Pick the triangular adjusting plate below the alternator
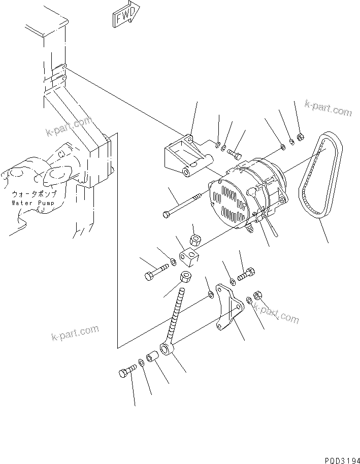click(x=227, y=308)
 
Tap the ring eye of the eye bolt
click(x=167, y=349)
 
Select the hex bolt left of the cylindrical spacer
click(x=126, y=374)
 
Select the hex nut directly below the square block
click(x=186, y=278)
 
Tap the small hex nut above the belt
click(x=300, y=136)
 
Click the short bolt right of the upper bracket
click(x=234, y=150)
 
